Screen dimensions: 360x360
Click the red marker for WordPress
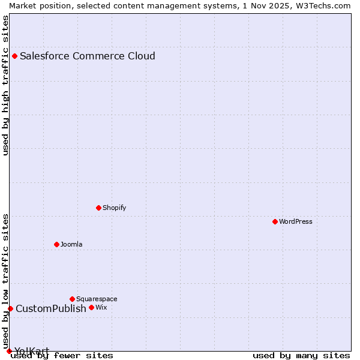(x=275, y=221)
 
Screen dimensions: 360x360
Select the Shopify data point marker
(x=98, y=208)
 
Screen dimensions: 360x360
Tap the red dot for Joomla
(x=56, y=244)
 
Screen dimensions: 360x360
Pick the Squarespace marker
(x=72, y=299)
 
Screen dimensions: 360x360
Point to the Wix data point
(x=91, y=307)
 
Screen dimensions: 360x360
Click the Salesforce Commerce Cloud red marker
(x=14, y=56)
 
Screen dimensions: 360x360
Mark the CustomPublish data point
(x=10, y=308)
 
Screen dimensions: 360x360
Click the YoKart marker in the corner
(x=9, y=351)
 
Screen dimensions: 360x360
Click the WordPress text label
(x=295, y=221)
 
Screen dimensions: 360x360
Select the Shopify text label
(x=114, y=208)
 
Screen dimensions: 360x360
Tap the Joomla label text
(x=71, y=244)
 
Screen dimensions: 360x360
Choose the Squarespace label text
(x=97, y=299)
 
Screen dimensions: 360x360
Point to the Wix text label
(x=101, y=307)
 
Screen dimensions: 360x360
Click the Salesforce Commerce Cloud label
(x=88, y=56)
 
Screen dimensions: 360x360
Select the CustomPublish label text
(x=51, y=308)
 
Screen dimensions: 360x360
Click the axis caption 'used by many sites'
(x=301, y=355)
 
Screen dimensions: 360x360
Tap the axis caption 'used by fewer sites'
(x=62, y=355)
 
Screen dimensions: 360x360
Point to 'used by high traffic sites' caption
(x=5, y=85)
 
